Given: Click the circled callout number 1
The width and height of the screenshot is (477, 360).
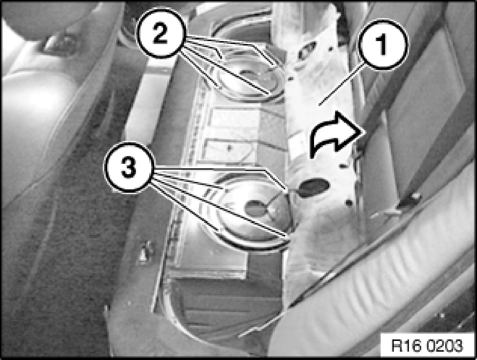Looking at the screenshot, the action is pos(383,45).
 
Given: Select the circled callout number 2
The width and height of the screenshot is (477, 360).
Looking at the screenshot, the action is pos(160,33).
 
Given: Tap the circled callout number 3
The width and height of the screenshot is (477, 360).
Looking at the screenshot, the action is pos(129,168).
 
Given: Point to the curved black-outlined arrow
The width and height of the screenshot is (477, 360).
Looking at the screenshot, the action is pos(335,134).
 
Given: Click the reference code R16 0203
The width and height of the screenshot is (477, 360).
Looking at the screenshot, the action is pos(427,346).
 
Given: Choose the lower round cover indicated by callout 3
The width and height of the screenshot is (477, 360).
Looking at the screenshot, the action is pos(252,213).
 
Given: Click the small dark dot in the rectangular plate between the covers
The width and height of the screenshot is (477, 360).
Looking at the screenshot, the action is pos(229,148).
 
